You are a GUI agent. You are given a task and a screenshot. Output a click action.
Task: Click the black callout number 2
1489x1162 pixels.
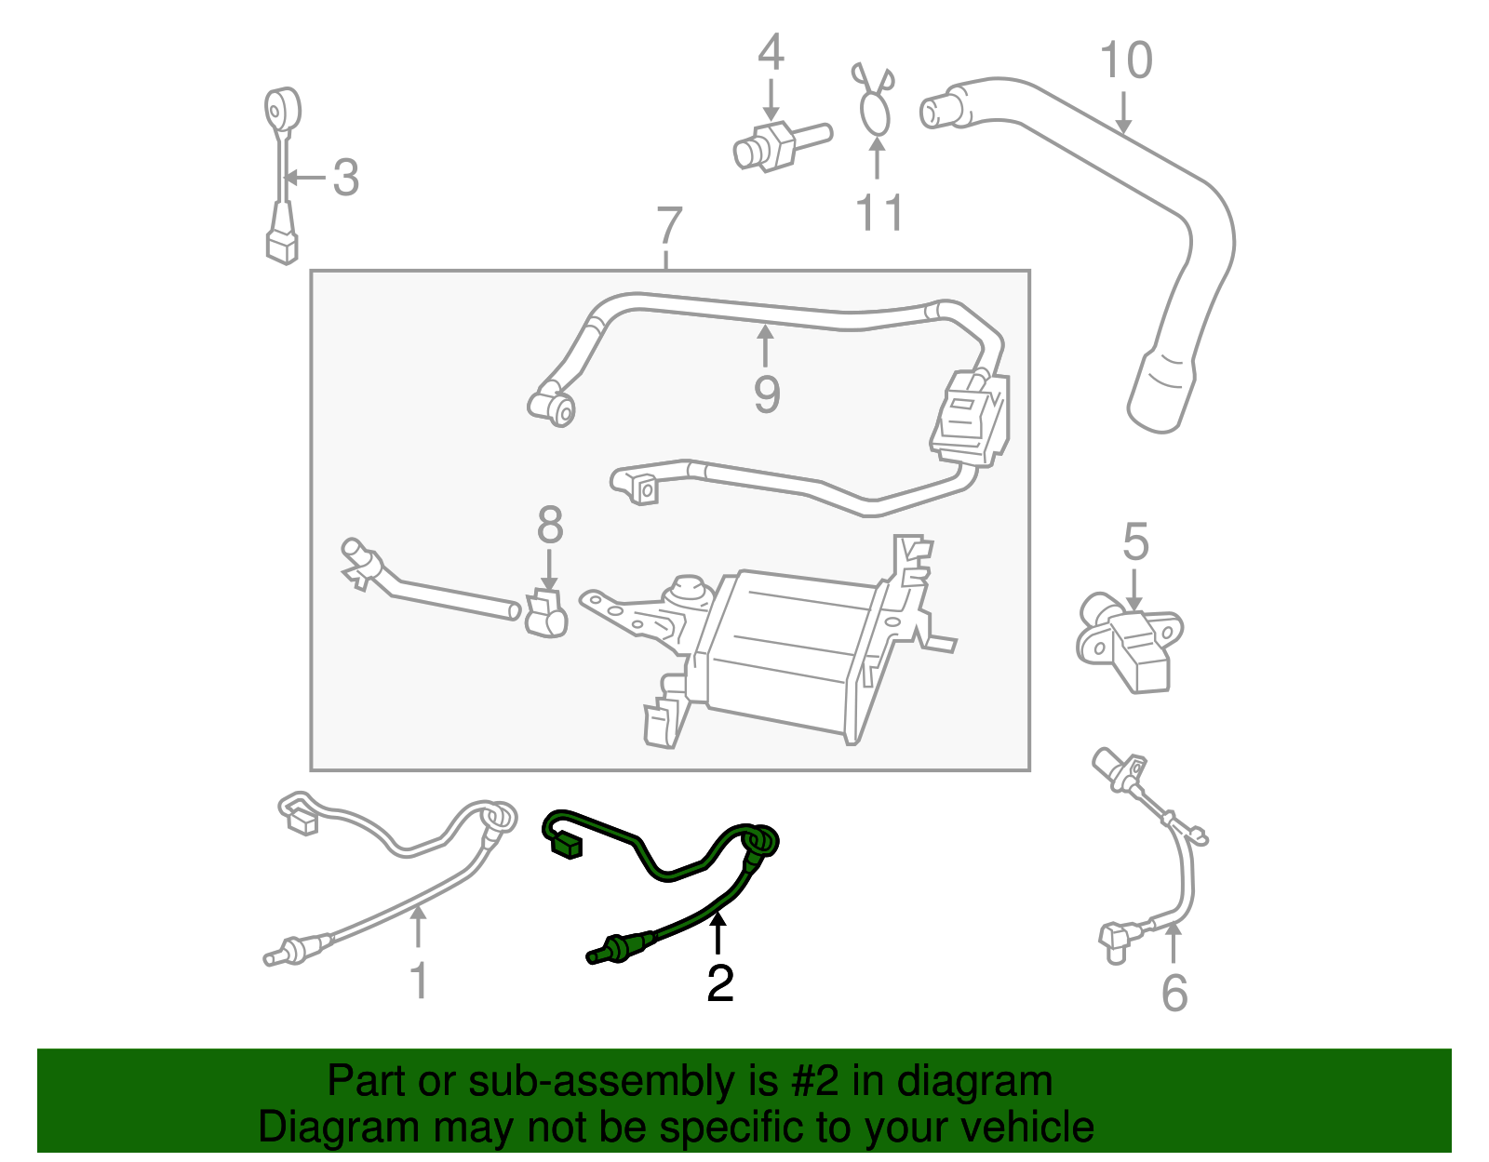click(719, 984)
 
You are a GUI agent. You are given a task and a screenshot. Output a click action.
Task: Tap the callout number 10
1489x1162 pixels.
click(1126, 61)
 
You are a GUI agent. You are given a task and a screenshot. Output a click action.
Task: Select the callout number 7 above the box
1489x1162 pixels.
click(669, 227)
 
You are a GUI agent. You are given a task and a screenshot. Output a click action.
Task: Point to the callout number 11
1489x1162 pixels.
click(879, 213)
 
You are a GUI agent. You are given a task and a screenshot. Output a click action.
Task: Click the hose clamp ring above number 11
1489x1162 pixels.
click(875, 115)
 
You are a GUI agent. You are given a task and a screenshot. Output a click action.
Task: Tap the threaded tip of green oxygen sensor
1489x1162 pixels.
click(597, 955)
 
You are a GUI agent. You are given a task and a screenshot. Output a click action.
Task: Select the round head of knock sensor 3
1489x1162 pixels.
click(282, 110)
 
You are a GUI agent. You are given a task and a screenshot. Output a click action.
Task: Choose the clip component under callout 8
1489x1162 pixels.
click(545, 614)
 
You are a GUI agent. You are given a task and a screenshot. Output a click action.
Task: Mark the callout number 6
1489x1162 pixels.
click(1174, 994)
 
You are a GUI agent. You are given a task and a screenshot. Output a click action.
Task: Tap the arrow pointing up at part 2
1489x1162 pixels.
click(718, 934)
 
